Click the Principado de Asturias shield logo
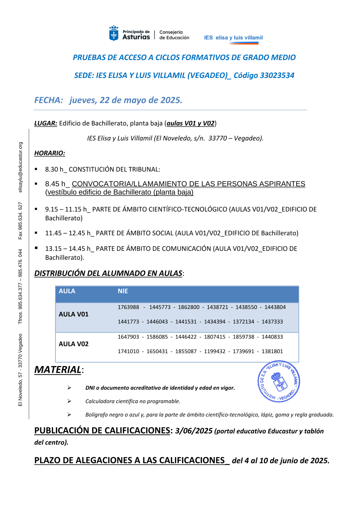coord(114,33)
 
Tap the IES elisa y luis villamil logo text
coord(233,37)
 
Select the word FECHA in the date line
coord(48,100)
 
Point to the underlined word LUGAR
coord(45,123)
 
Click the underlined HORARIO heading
coord(50,153)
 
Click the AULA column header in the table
coord(67,291)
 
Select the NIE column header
coord(123,291)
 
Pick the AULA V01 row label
coord(73,314)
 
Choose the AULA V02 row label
coord(73,344)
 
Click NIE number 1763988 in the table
coord(129,307)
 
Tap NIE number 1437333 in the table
coord(272,321)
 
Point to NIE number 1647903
coord(129,337)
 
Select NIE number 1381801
coord(272,351)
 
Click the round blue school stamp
coord(279,381)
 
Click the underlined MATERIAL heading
coord(58,370)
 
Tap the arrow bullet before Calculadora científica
coord(69,401)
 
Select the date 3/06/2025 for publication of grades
coord(194,431)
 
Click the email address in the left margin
coord(21,167)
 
